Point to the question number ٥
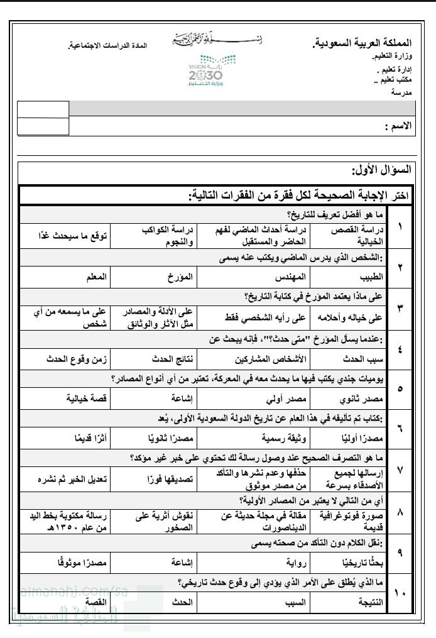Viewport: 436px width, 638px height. [400, 388]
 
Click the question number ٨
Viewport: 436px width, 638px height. [400, 512]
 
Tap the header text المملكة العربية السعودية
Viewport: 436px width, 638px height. [362, 43]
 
